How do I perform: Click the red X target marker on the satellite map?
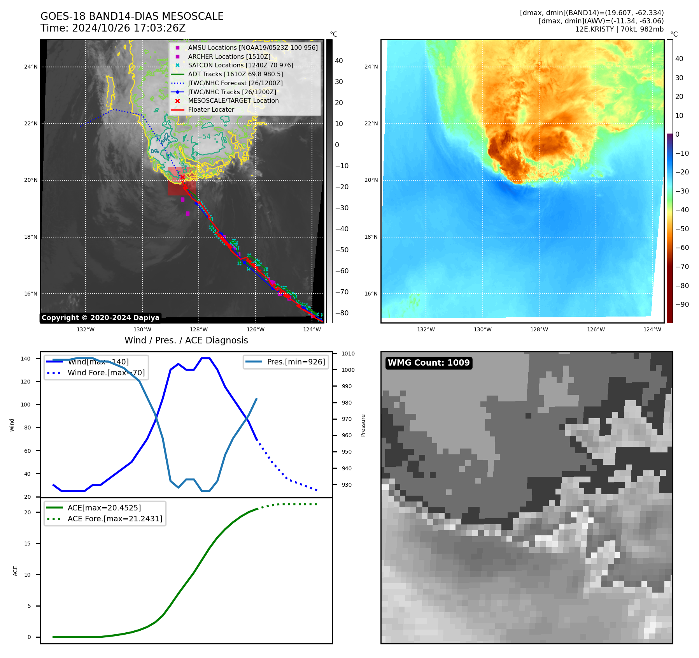coord(182,177)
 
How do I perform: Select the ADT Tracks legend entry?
coord(235,74)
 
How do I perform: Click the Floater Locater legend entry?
coord(211,109)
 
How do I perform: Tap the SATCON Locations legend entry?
coord(240,65)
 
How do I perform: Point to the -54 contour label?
coord(204,137)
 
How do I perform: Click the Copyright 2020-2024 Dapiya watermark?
coord(100,318)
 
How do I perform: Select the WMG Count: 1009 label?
coord(429,363)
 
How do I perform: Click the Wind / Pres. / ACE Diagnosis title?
coord(186,340)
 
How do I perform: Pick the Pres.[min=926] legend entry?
coord(296,362)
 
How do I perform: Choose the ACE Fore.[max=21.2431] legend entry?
coord(115,519)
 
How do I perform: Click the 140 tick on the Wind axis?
coord(26,359)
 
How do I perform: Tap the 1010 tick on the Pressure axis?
coord(348,354)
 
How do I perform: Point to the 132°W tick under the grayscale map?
coord(86,329)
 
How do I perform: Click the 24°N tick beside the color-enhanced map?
coord(371,67)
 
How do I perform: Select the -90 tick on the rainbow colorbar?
coord(682,304)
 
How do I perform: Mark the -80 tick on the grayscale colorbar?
coord(342,313)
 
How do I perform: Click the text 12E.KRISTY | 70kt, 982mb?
coord(619,29)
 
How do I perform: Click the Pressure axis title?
coord(363,425)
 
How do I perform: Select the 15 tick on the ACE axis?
coord(27,544)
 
